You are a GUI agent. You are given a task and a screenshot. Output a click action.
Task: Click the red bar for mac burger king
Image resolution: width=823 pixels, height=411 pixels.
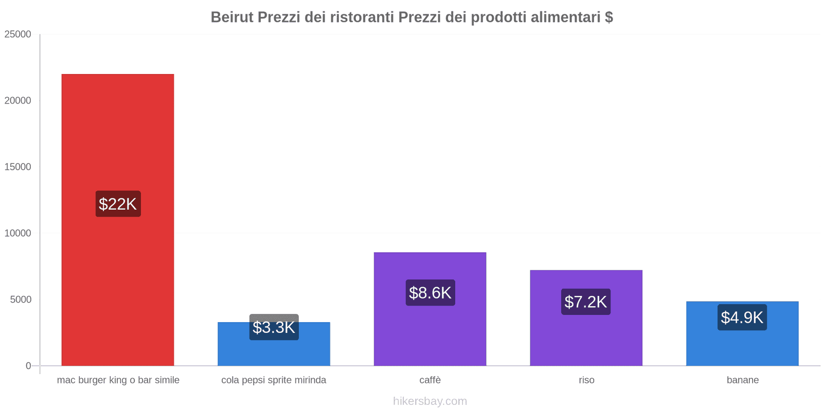point(118,220)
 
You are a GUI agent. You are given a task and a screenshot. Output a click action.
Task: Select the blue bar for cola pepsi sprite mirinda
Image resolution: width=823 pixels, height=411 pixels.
point(274,344)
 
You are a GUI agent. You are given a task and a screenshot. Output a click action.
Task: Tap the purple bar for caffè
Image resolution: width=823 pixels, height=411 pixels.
point(430,309)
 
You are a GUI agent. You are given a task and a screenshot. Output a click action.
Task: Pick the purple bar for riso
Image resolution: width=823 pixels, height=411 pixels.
point(586,318)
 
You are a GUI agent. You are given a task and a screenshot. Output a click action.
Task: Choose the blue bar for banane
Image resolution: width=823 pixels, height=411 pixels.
point(742,333)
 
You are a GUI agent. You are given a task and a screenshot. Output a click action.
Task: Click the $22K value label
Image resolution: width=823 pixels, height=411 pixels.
point(118,203)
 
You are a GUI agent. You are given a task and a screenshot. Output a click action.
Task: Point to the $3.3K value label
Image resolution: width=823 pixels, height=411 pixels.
point(274,327)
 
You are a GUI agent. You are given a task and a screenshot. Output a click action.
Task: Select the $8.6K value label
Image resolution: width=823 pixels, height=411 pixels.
point(430,292)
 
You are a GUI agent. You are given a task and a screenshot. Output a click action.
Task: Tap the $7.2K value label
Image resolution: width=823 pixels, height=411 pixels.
point(586,302)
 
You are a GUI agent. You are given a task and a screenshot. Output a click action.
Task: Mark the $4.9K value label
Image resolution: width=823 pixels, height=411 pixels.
point(742,317)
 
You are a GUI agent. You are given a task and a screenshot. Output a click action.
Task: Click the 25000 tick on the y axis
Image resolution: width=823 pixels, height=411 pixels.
point(17,34)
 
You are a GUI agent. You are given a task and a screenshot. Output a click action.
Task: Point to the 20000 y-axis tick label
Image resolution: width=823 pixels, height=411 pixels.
point(17,101)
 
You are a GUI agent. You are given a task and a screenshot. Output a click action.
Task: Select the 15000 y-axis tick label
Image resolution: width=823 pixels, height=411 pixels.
point(17,167)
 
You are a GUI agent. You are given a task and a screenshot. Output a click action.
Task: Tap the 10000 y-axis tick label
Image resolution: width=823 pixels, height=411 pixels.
point(17,233)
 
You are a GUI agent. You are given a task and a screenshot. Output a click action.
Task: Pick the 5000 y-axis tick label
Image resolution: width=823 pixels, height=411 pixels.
point(21,300)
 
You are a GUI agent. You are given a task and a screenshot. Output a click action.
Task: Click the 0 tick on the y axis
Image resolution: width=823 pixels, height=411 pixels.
point(28,366)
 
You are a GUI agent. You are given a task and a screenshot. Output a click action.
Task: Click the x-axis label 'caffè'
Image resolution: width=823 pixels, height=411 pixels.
point(430,380)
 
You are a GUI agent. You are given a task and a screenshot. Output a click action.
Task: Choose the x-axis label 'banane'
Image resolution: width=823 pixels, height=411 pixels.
point(743,380)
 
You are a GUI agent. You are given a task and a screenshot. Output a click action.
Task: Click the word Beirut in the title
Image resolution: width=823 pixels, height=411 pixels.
point(232,17)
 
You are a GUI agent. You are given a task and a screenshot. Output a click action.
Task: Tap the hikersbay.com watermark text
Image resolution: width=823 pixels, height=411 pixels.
point(430,401)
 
